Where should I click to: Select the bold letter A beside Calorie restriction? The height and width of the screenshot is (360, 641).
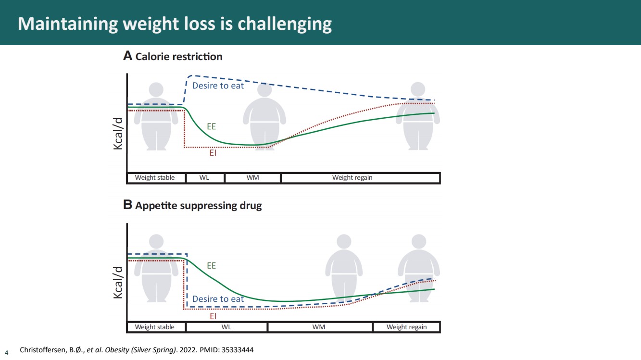[x=127, y=56]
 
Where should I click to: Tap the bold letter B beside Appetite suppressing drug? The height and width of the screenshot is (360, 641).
[x=127, y=205]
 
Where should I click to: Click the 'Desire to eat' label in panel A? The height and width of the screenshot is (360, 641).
[x=218, y=86]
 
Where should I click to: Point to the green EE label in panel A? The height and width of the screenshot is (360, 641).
[x=211, y=126]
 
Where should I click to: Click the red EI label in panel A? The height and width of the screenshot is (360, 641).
[x=213, y=154]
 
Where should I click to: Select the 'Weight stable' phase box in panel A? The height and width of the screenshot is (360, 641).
[x=155, y=178]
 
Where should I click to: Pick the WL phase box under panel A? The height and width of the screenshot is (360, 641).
[x=204, y=178]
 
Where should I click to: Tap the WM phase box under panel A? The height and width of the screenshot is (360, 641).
[x=252, y=178]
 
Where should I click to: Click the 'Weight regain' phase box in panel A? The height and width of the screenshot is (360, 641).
[x=352, y=178]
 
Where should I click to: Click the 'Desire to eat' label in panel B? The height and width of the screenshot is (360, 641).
[x=218, y=299]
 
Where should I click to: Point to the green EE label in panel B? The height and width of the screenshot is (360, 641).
[x=211, y=265]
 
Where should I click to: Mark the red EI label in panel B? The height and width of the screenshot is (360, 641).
[x=213, y=316]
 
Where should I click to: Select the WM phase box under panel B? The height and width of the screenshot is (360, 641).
[x=319, y=327]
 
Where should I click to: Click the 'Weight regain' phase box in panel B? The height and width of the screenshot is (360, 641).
[x=406, y=327]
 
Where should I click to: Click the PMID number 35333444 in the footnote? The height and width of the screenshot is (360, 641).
[x=237, y=350]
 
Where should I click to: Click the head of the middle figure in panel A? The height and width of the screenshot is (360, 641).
[x=264, y=90]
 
